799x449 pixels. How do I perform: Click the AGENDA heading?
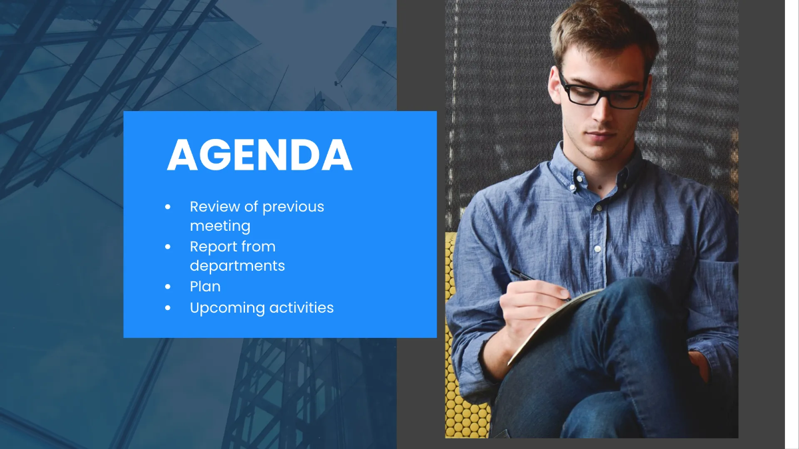point(260,156)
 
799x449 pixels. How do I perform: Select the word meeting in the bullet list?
point(220,226)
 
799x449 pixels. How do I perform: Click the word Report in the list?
point(212,247)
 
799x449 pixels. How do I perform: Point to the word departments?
point(237,266)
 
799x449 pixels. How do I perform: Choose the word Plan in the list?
point(205,287)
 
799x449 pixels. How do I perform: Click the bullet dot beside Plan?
point(168,287)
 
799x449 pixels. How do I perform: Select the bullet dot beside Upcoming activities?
point(168,308)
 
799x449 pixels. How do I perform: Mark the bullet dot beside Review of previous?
point(168,208)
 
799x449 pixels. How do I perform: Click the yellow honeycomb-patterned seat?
point(466,406)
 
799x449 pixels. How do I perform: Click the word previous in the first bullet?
point(293,207)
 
